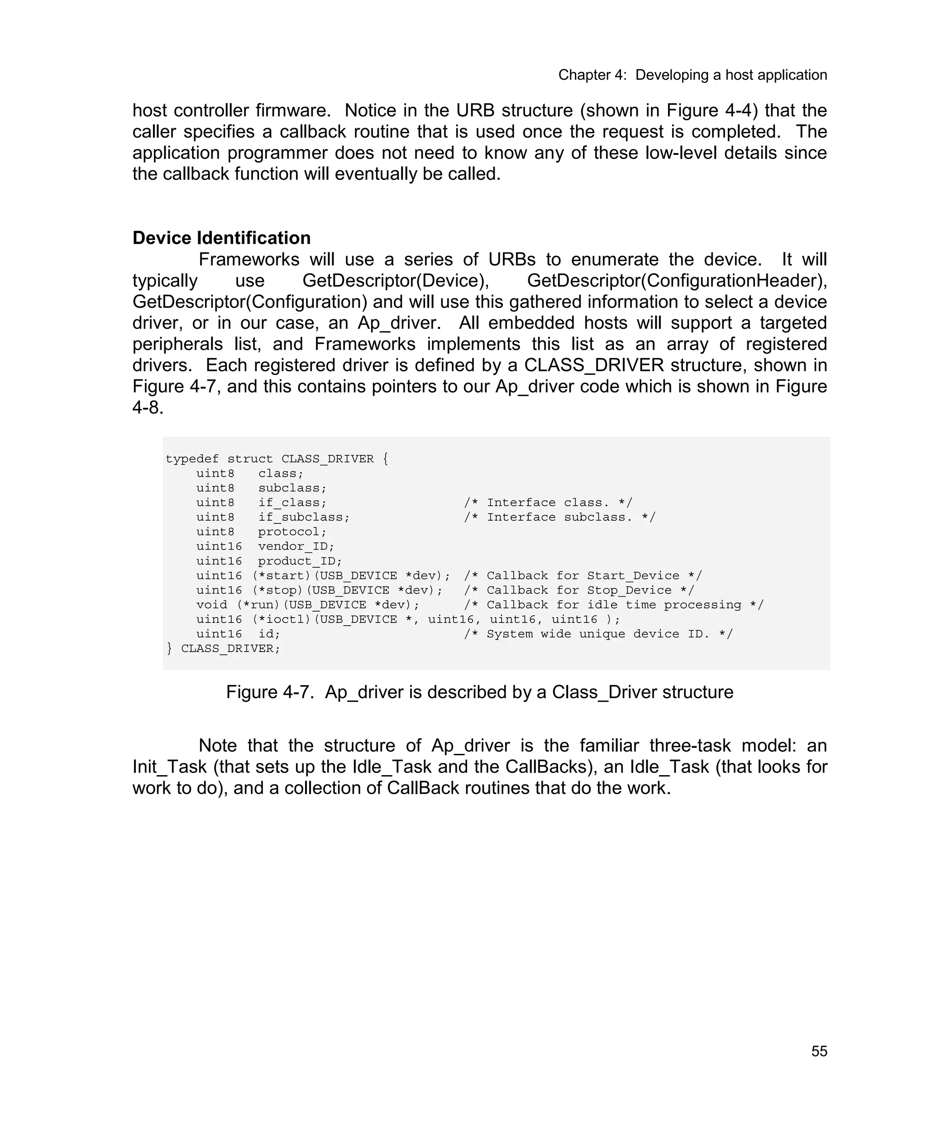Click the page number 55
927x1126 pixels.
tap(819, 1051)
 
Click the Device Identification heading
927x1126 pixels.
tap(221, 238)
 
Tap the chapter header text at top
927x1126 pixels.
tap(692, 75)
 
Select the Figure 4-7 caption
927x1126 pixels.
tap(479, 692)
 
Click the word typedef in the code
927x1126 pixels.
tap(192, 459)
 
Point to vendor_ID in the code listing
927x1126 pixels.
tap(296, 546)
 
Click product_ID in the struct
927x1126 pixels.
tap(300, 561)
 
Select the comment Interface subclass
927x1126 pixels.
tap(559, 517)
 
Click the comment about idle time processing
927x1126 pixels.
tap(614, 605)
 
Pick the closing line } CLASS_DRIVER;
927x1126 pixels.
tap(223, 648)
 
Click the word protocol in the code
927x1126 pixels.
tap(291, 532)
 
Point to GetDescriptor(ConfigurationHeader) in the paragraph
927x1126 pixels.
tap(677, 280)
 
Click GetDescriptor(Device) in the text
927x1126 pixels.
tap(396, 280)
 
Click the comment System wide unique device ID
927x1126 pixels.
tap(598, 634)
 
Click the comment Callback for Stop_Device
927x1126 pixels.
tap(579, 590)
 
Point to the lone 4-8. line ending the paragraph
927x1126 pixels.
tap(148, 407)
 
